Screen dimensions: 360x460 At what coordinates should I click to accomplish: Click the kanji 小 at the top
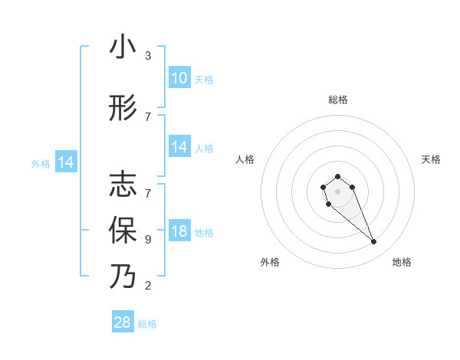coord(123,47)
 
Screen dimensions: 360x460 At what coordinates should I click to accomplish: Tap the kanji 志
coord(123,185)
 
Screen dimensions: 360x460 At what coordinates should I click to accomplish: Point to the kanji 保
coord(123,230)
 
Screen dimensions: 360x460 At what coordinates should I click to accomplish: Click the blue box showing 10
coord(179,78)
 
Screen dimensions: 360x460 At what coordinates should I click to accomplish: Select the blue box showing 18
coord(179,231)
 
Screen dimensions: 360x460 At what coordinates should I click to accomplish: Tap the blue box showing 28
coord(123,322)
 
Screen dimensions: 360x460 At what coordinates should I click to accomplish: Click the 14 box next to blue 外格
coord(65,162)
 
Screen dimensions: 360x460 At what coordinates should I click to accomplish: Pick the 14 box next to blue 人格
coord(179,147)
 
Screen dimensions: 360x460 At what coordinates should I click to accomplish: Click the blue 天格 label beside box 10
coord(204,80)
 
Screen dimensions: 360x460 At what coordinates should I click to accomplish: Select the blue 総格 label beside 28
coord(147,324)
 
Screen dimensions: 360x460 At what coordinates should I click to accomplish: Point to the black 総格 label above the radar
coord(337,100)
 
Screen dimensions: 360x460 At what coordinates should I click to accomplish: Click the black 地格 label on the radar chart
coord(402,263)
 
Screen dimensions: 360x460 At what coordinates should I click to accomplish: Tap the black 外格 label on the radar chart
coord(270,263)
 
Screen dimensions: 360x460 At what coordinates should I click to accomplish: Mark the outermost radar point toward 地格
coord(374,242)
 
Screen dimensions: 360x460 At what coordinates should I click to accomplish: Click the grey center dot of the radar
coord(337,190)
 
